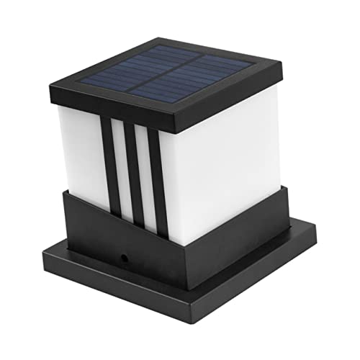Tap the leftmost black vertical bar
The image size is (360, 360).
110,162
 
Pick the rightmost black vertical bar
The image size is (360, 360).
158,184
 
